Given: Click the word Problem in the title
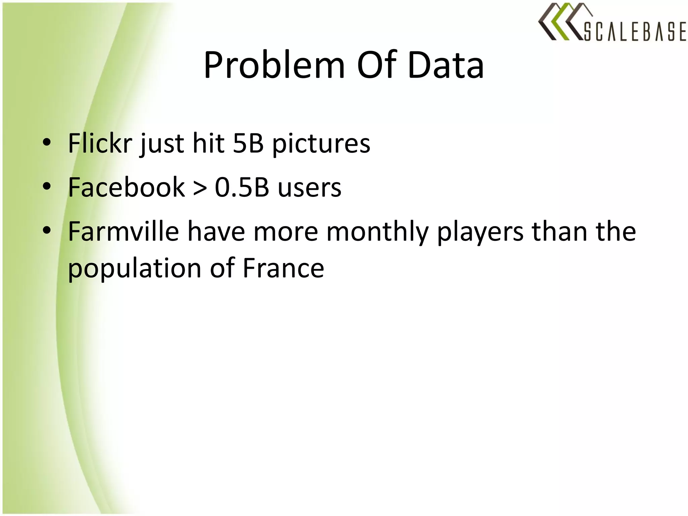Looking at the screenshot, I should click(x=274, y=66).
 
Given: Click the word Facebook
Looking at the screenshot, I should click(x=126, y=187).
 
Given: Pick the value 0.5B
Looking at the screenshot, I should click(x=242, y=187).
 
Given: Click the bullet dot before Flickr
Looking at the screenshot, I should click(x=47, y=142).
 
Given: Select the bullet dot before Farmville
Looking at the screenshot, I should click(x=47, y=230).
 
